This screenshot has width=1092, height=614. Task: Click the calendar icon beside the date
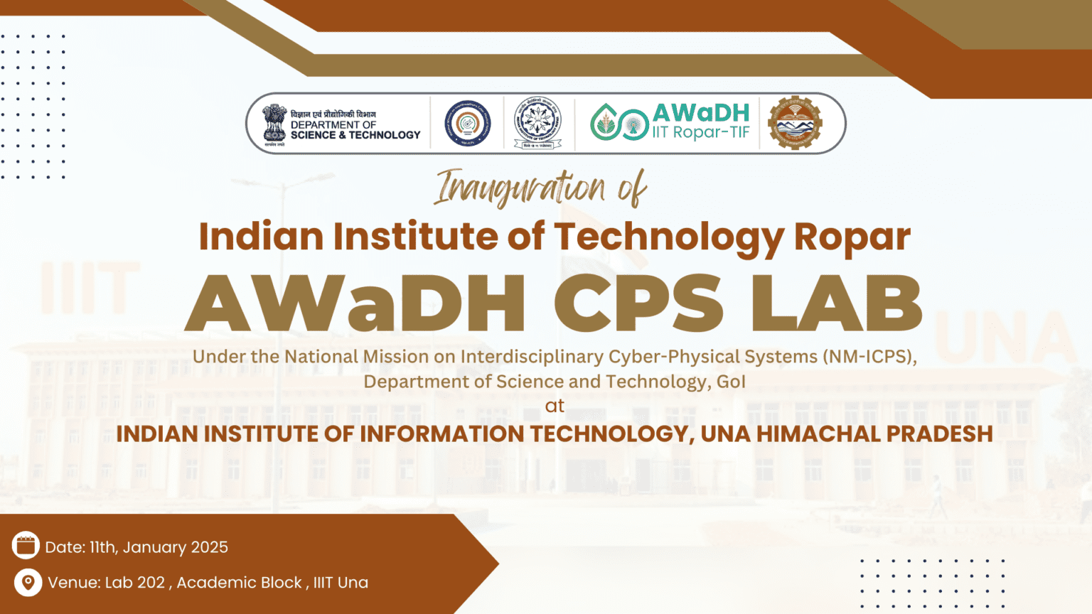click(26, 546)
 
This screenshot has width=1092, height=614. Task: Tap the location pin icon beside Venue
click(28, 582)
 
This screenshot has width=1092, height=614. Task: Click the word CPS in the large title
click(638, 303)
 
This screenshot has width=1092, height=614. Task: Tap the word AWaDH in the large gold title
click(355, 303)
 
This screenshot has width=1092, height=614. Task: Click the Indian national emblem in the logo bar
click(274, 124)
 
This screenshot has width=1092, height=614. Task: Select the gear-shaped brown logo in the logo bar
click(795, 124)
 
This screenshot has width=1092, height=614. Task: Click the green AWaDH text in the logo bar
click(701, 113)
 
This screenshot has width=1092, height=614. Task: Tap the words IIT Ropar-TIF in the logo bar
click(701, 132)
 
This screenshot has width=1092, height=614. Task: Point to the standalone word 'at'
click(555, 406)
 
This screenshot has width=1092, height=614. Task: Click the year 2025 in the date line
click(210, 547)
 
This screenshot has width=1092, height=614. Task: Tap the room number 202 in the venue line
click(151, 583)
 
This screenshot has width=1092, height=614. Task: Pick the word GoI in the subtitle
click(731, 382)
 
